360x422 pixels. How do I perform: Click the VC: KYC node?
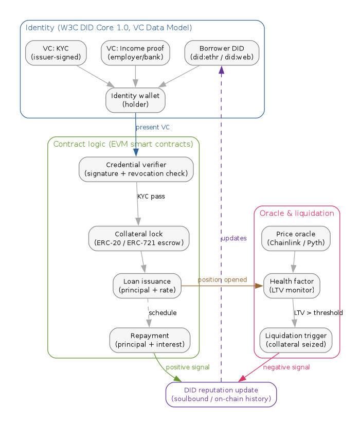pos(56,52)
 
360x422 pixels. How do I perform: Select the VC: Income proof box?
pos(135,52)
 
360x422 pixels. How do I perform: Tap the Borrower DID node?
pos(222,52)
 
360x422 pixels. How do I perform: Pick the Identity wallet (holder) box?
pos(135,100)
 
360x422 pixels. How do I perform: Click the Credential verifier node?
pos(136,169)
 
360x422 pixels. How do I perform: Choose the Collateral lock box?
pos(138,238)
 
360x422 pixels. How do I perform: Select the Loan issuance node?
pos(147,286)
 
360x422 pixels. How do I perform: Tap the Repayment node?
pos(150,340)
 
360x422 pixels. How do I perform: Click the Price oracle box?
pos(296,238)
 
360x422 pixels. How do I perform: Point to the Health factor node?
pos(292,286)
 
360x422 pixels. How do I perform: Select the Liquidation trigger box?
pos(296,340)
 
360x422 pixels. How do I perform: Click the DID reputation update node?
pos(221,395)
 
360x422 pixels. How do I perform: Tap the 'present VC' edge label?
pos(152,127)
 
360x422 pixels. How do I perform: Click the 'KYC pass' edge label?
pos(151,197)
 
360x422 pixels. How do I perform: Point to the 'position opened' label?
pos(222,279)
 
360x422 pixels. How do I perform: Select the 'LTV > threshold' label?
pos(318,313)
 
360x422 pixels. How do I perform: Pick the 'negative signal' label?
pos(286,367)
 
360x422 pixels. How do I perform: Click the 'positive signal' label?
pos(187,367)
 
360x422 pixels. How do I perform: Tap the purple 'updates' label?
pos(234,238)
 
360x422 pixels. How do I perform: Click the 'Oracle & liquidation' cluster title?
pos(297,213)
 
